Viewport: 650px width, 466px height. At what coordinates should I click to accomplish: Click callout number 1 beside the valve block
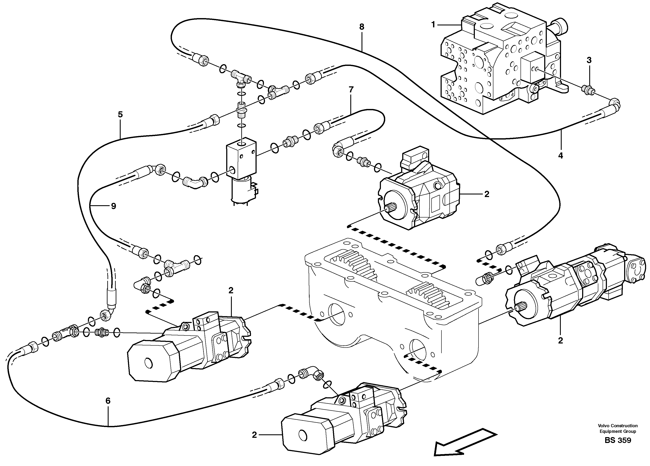point(433,25)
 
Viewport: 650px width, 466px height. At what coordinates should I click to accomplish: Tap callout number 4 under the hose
point(561,156)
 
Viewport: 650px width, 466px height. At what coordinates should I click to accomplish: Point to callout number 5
point(120,115)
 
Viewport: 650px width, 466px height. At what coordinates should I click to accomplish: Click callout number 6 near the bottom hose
point(108,401)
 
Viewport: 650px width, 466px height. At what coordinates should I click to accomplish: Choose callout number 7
point(351,90)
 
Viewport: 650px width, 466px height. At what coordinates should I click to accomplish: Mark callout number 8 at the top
point(362,27)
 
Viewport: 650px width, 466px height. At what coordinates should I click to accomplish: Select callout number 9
point(114,206)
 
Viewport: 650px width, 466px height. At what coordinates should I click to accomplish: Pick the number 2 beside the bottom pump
point(254,435)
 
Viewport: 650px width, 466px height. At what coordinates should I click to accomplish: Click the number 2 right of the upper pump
point(487,194)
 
